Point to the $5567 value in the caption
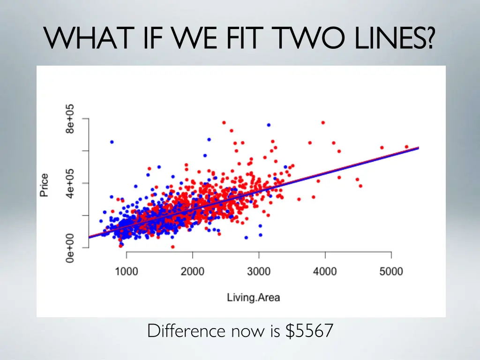(309, 331)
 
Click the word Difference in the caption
(187, 331)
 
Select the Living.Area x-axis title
(253, 297)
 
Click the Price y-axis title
(44, 185)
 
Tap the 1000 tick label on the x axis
(127, 272)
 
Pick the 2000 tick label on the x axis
(193, 272)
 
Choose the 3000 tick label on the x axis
(259, 272)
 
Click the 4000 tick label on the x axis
(325, 272)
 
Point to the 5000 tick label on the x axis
(391, 272)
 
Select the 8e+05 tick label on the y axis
(69, 119)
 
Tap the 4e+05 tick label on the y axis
(69, 183)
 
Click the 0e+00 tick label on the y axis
(69, 247)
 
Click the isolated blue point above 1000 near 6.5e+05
(112, 142)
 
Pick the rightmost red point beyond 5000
(406, 147)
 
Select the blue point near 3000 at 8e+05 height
(269, 125)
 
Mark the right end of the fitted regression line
(418, 148)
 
